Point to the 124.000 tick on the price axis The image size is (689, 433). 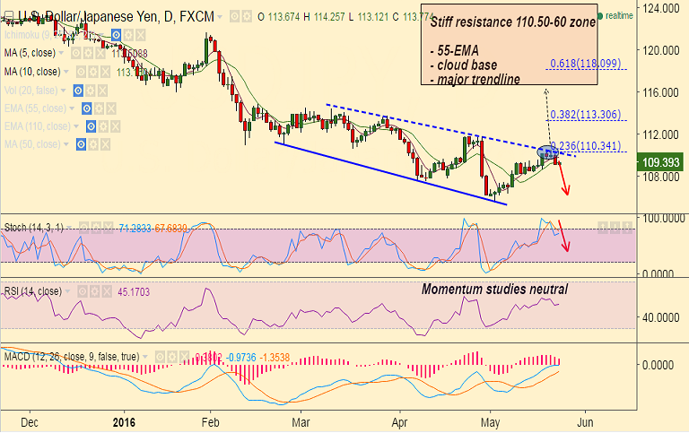(x=662, y=8)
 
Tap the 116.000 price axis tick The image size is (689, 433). (x=662, y=92)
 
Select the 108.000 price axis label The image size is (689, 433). (x=662, y=177)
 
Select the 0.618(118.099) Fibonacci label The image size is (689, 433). (x=585, y=63)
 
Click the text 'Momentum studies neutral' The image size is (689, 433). (x=494, y=290)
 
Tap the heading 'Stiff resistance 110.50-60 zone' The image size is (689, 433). (x=507, y=22)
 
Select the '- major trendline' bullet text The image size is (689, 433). (x=475, y=80)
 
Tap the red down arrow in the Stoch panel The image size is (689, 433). (x=564, y=235)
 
